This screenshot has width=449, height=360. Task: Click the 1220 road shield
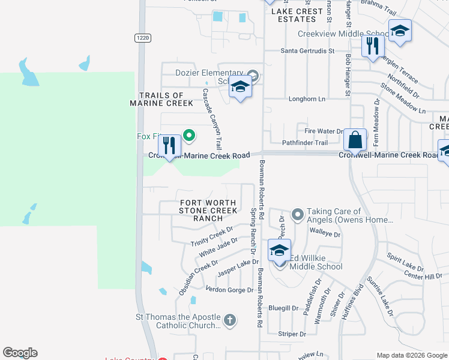click(x=142, y=38)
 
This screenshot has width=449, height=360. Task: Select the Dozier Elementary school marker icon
click(x=240, y=88)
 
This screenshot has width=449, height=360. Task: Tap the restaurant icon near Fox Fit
click(x=169, y=145)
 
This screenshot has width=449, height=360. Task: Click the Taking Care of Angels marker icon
click(x=297, y=214)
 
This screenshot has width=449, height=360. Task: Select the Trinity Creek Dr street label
click(x=211, y=236)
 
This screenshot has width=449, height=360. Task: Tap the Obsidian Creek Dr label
click(x=198, y=277)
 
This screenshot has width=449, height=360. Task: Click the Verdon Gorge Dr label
click(x=230, y=290)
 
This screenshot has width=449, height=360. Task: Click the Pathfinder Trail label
click(x=305, y=143)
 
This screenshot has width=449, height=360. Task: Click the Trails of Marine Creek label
click(x=161, y=99)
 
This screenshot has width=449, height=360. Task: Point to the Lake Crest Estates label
click(x=298, y=15)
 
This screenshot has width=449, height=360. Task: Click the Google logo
click(x=20, y=353)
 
